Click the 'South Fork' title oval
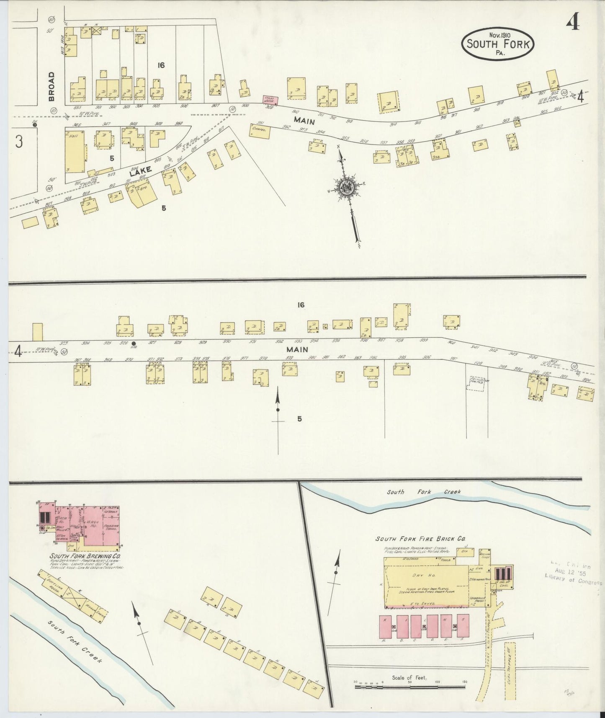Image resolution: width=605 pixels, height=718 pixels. point(498,44)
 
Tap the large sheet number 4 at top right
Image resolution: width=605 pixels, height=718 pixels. point(573,23)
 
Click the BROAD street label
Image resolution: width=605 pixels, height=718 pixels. point(51,86)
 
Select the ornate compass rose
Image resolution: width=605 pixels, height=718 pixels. point(347,187)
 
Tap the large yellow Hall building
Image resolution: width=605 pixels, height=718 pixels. point(75,152)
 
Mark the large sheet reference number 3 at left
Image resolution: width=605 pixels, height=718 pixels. point(18,142)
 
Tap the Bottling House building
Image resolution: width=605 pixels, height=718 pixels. point(55,583)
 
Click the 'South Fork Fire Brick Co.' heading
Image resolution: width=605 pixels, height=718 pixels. point(420,539)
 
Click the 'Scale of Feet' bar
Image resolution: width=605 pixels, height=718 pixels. point(410,687)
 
